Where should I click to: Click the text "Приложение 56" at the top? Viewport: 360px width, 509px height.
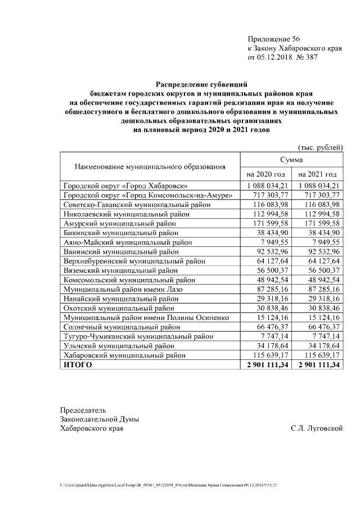point(274,39)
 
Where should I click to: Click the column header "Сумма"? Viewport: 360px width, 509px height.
point(291,160)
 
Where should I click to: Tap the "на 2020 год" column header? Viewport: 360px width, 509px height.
point(266,174)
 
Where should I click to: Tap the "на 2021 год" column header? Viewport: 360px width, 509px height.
point(317,174)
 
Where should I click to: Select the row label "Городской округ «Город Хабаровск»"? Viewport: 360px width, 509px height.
point(125,185)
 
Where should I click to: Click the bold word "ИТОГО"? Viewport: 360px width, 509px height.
point(76,365)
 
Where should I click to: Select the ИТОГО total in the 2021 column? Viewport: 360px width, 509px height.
point(318,365)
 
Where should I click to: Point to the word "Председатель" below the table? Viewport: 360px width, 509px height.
point(83,410)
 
